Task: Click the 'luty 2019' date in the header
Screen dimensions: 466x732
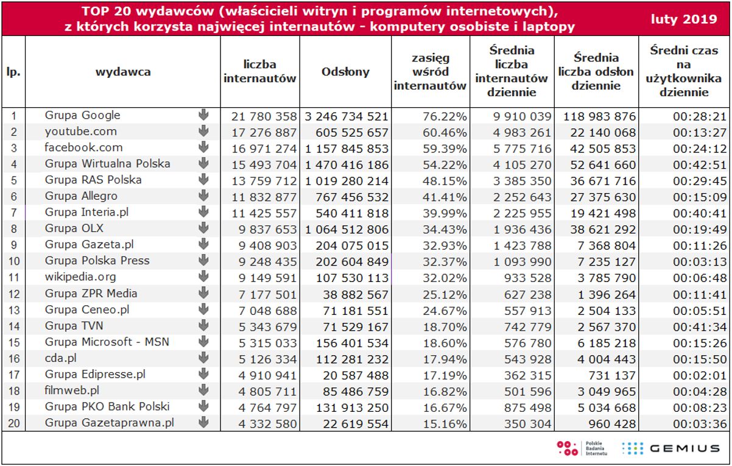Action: [684, 19]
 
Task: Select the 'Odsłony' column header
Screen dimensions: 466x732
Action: [345, 71]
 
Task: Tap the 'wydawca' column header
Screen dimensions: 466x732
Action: [123, 71]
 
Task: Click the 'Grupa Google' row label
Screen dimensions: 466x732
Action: [82, 115]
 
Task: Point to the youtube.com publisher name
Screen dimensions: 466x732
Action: [80, 131]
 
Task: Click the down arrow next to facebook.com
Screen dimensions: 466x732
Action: [203, 147]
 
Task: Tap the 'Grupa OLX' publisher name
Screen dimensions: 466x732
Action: [74, 228]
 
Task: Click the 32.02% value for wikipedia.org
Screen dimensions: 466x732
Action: [448, 277]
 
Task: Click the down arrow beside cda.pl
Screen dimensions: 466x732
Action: [203, 358]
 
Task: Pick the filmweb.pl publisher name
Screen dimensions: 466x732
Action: [72, 390]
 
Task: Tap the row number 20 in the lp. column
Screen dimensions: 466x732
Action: [13, 423]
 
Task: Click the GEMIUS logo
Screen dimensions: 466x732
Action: [670, 448]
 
